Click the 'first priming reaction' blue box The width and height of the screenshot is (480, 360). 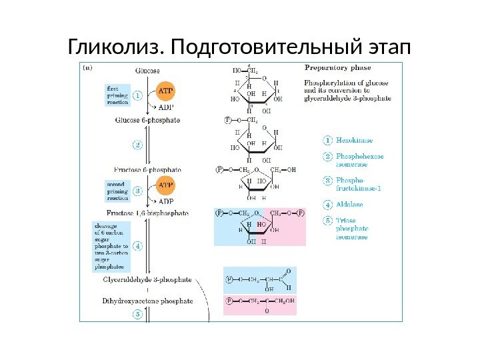pos(118,95)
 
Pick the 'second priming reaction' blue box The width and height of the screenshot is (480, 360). pos(118,190)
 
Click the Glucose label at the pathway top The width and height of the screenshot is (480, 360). pos(147,69)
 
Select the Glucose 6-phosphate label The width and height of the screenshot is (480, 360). pos(148,121)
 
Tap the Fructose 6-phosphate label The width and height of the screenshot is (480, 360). pos(148,170)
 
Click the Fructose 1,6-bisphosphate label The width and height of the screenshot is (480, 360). pos(152,214)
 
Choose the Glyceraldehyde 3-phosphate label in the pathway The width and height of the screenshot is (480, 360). pos(147,280)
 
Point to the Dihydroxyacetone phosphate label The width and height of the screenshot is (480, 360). pos(147,301)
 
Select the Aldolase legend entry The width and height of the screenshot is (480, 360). pos(350,203)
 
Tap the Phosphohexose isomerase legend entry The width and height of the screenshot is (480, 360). pos(359,159)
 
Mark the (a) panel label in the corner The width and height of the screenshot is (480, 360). pos(87,67)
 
